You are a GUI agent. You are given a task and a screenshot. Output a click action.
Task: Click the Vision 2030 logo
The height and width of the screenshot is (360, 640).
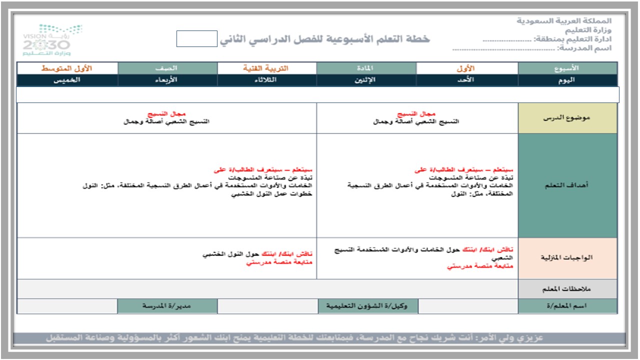52,40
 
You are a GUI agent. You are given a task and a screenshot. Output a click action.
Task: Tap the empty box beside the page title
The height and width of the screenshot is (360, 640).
197,38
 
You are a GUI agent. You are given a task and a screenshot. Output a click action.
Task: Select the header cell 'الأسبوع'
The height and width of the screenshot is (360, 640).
567,68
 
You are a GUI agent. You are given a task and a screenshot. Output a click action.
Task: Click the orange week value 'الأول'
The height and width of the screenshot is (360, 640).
466,68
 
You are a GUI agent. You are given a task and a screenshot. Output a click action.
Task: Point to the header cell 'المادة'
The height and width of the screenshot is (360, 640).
366,68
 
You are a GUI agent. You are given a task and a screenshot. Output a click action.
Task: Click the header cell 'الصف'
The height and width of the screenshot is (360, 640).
167,68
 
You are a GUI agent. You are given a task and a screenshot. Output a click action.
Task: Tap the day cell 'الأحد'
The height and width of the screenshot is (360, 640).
466,80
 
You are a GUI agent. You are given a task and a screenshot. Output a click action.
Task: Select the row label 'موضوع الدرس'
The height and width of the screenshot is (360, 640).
567,118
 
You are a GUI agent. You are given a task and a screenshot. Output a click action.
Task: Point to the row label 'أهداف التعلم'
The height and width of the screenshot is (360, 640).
567,185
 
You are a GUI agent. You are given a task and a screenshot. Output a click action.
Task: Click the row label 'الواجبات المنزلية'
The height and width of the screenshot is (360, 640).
567,258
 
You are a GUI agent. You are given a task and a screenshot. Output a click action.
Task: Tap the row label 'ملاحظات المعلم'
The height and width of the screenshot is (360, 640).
567,289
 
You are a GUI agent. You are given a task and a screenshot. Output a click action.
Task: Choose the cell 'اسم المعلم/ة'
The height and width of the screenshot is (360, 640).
567,306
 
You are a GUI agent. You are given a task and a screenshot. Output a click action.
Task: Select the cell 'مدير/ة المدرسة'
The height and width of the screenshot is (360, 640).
167,306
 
